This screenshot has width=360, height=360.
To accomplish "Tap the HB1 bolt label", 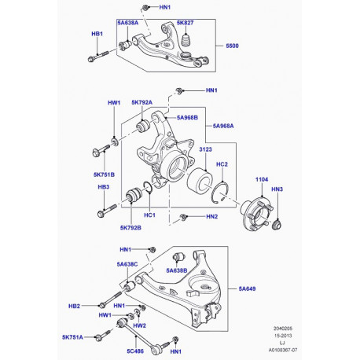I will point(97,35).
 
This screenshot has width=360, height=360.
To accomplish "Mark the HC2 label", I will point(222,164).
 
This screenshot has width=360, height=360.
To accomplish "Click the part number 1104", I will point(261,180).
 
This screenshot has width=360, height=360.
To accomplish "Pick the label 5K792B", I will point(131,228).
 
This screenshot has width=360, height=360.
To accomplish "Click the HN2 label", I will point(211,216).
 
